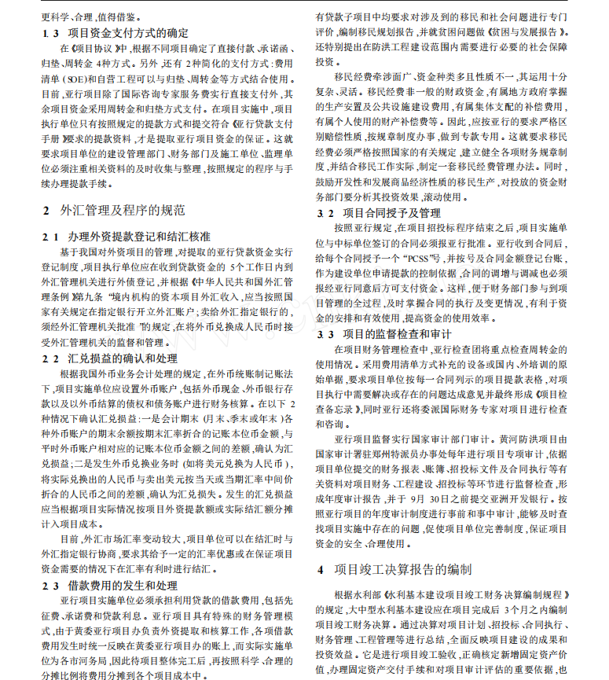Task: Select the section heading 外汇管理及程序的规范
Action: point(123,210)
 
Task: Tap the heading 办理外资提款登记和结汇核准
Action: point(138,236)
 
